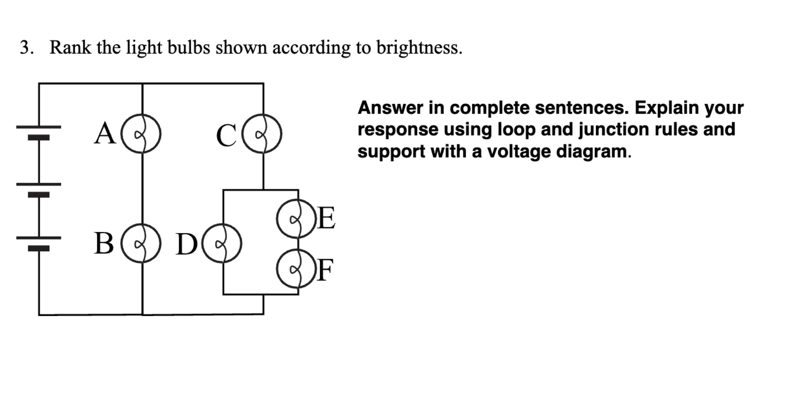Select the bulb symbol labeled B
(x=141, y=243)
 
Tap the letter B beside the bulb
(x=104, y=244)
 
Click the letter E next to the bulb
(x=326, y=218)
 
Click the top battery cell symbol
(x=39, y=132)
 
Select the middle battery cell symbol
(x=39, y=189)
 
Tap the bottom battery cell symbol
(x=39, y=243)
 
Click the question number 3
(x=25, y=48)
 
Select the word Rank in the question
(x=70, y=48)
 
